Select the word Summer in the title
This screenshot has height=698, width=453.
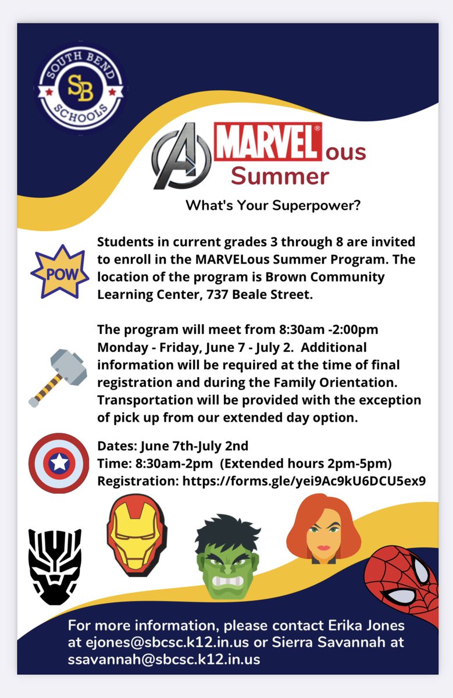(280, 176)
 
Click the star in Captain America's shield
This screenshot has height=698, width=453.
(59, 463)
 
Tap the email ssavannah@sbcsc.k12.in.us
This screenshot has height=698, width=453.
(164, 660)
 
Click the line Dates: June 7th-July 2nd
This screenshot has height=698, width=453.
(173, 446)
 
